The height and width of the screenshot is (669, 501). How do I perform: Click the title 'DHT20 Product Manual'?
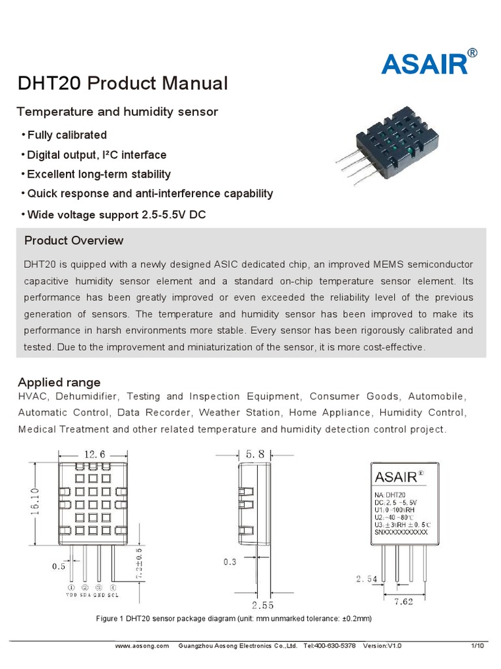tap(122, 84)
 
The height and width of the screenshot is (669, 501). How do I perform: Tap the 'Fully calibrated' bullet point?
tap(65, 135)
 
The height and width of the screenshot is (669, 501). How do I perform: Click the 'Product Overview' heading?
tap(74, 240)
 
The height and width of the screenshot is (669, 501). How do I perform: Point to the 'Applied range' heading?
tap(59, 382)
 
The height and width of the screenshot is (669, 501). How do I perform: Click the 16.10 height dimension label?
tap(35, 501)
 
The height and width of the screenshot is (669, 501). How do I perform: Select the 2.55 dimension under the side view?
tap(262, 605)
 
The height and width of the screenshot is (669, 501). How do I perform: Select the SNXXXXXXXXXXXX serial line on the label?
tap(402, 532)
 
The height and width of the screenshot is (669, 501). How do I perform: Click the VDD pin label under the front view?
tap(71, 595)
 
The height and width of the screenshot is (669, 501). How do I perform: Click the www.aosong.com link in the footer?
tap(142, 645)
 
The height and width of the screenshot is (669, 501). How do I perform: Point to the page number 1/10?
tap(478, 645)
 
